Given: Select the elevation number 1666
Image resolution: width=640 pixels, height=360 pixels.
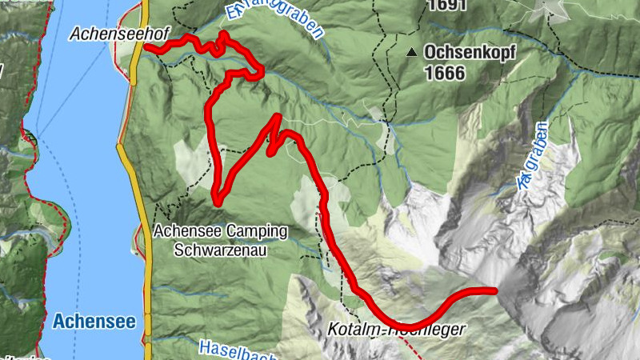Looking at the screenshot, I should pos(445,73).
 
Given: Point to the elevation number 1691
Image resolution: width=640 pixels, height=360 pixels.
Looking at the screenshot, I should pos(446,5).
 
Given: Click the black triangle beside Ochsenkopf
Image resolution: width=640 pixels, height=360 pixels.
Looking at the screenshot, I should pos(411,53).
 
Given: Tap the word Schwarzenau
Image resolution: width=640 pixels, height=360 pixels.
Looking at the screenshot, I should pos(220,249).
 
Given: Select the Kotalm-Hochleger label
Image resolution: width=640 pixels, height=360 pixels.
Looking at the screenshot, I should pos(396,329).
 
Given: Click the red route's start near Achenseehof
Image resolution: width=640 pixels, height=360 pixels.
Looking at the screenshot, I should pos(147,48).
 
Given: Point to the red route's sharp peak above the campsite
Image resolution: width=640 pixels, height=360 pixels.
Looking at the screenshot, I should pos(277,118).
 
